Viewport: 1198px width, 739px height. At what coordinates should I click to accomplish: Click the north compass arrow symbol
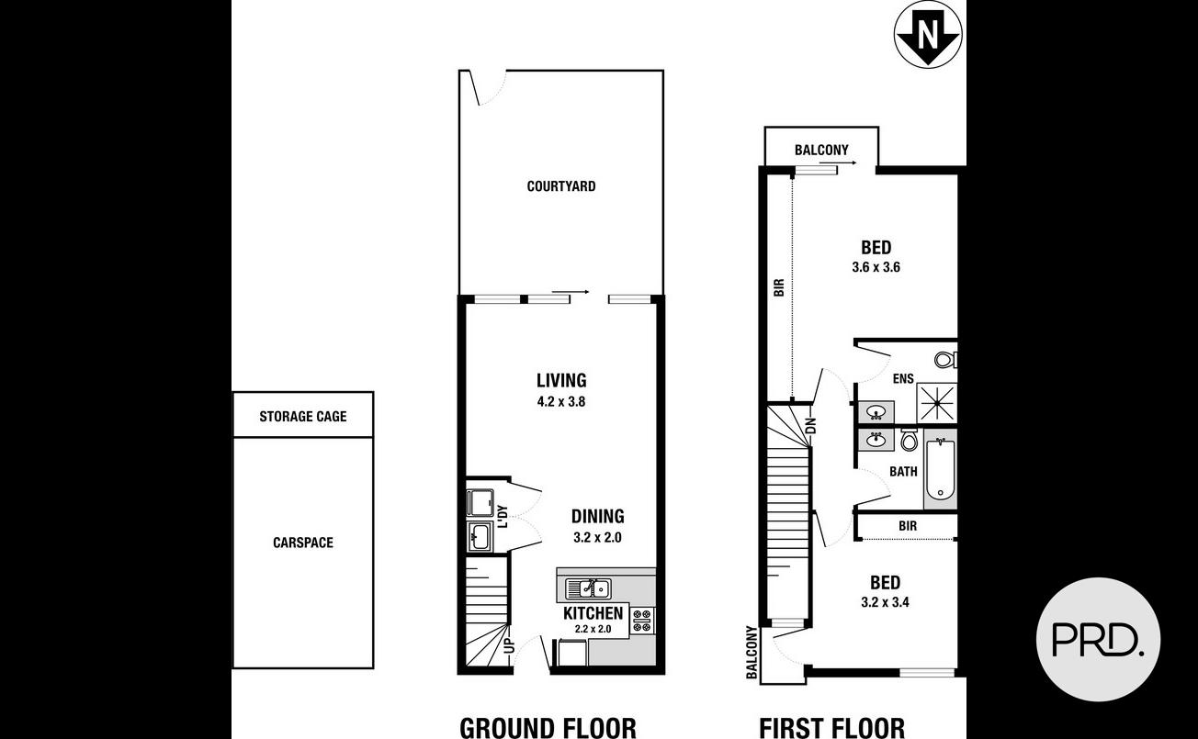928,35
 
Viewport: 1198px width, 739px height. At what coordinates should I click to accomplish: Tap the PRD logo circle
1098,639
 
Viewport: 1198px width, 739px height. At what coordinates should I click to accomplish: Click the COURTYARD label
560,186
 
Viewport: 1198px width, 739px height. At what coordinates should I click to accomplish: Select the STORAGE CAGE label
302,416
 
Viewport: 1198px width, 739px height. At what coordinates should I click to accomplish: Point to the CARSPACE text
302,543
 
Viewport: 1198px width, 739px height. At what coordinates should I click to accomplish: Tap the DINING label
597,517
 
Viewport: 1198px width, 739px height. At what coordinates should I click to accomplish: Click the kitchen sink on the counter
588,588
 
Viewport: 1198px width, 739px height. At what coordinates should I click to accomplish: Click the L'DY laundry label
503,517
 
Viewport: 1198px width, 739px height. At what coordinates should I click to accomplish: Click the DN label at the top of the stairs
810,426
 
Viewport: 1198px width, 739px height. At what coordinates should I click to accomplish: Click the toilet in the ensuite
945,359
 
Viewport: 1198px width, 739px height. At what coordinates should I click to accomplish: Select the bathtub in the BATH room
940,470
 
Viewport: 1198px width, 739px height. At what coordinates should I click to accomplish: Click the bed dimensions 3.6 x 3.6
876,268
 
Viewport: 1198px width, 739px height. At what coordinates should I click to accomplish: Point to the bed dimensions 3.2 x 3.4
885,603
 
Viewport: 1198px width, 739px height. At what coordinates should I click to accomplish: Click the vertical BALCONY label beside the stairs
752,653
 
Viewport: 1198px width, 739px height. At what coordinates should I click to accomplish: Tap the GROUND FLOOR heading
548,728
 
